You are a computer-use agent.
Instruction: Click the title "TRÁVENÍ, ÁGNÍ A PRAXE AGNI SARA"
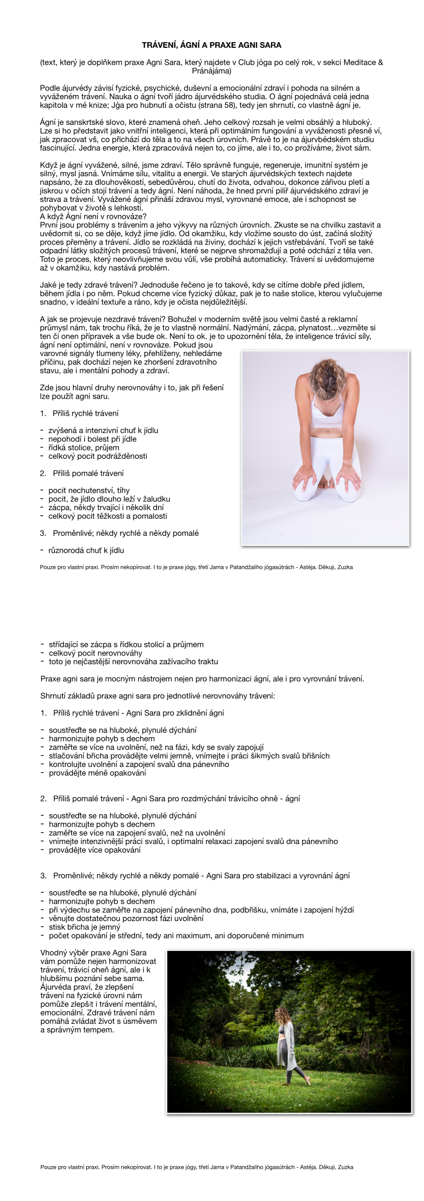tap(211, 45)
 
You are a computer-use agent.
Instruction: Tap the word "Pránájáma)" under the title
tap(211, 71)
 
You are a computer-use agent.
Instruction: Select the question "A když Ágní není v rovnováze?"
tap(93, 216)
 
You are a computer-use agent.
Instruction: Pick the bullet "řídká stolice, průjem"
tap(84, 447)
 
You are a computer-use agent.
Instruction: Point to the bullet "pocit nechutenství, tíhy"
tap(89, 490)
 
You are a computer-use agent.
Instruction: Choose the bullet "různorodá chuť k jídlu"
tap(86, 550)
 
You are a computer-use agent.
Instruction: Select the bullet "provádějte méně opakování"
tap(98, 773)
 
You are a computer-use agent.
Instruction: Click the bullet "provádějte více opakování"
tap(95, 850)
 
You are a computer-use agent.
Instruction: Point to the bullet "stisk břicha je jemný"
tap(85, 927)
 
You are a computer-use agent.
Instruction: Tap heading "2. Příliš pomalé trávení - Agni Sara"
tap(170, 798)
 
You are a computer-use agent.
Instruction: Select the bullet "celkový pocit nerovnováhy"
tap(95, 653)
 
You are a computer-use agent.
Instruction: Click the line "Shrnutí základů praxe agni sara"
tap(158, 696)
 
